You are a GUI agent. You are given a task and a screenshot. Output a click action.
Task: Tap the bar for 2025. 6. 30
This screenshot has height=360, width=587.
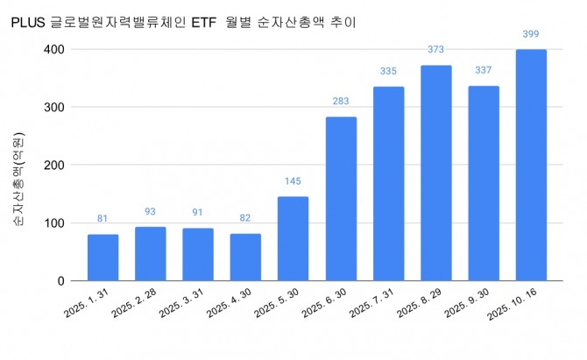(341, 199)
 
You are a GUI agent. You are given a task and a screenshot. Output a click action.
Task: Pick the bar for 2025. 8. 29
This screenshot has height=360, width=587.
(436, 173)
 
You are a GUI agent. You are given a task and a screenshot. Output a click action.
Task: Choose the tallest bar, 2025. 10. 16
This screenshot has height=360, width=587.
(531, 166)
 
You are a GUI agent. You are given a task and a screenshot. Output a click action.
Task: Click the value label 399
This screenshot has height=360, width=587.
(531, 34)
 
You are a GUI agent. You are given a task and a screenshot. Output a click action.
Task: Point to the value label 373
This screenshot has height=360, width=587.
(436, 50)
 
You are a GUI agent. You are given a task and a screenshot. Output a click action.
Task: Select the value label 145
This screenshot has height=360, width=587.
(293, 181)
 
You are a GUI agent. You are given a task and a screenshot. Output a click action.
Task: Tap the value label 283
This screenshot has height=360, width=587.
(341, 102)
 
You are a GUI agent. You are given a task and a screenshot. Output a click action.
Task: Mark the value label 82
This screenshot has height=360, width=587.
(245, 218)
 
